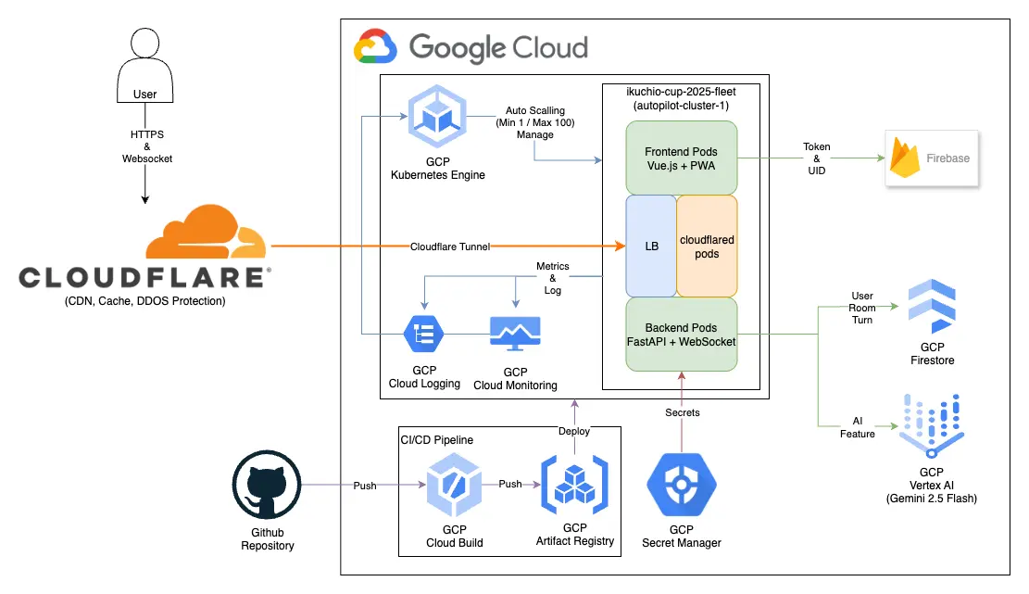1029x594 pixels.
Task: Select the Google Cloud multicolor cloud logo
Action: [375, 46]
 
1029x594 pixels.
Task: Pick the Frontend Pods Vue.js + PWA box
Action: [681, 158]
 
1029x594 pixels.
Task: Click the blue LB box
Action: [651, 246]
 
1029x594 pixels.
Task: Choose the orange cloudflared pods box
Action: [707, 246]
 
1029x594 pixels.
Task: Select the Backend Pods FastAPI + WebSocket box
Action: [681, 335]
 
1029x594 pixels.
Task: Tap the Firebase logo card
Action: [930, 158]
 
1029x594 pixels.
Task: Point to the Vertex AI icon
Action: [932, 423]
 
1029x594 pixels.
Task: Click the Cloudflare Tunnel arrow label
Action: [449, 246]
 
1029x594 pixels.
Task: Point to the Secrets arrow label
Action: [682, 412]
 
